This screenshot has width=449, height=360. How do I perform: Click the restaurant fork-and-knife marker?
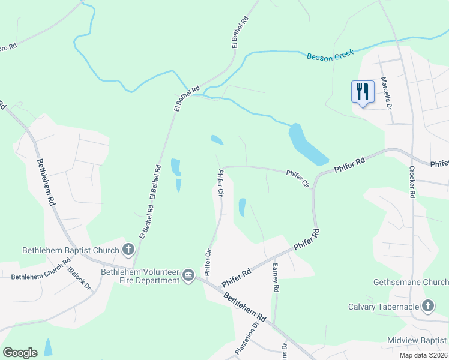pos(362,92)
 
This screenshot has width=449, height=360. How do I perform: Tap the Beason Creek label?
pos(331,56)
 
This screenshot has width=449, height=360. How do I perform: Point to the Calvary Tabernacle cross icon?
pos(427,307)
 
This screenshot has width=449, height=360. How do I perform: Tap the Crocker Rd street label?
pos(412,182)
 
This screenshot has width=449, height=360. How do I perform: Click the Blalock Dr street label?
pos(79,278)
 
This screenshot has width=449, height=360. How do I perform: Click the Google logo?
pos(20,352)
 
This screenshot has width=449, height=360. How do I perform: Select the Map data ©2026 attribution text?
pos(423,355)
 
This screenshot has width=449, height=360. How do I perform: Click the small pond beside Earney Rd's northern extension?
pos(243,207)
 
